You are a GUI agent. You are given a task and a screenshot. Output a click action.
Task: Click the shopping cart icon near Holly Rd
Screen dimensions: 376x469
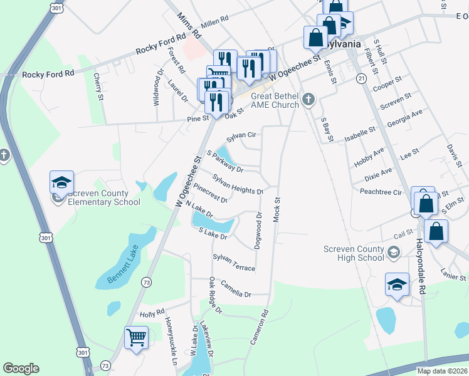136,338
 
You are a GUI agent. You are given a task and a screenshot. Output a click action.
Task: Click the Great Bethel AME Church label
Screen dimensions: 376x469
275,100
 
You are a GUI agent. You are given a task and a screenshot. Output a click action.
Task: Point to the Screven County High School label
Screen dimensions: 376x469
354,253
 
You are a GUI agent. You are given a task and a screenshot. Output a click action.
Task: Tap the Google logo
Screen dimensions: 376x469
21,368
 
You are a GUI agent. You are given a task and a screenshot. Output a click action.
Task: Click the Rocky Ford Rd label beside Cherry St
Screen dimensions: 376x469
48,74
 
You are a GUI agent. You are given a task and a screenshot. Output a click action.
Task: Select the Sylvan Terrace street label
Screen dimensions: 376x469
234,263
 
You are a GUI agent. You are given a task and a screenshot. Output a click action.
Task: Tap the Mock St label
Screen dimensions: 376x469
277,209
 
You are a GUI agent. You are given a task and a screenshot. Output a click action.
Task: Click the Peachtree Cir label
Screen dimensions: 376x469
381,191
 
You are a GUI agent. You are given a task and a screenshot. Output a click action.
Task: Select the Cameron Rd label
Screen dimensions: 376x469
260,327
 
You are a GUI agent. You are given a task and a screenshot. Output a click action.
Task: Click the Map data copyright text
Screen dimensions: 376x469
442,371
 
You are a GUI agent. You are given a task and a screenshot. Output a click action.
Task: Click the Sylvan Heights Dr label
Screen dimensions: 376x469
238,184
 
